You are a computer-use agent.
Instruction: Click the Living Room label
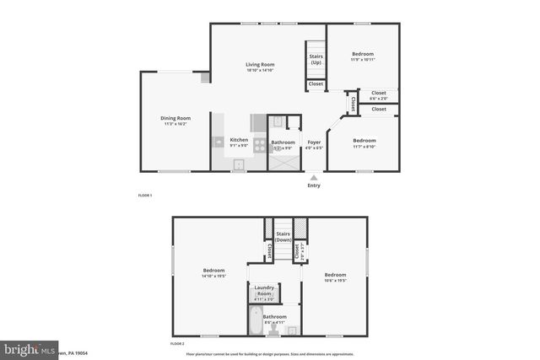coord(261,64)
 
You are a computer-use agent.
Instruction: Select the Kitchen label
coord(240,140)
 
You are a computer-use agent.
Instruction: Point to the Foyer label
coord(314,142)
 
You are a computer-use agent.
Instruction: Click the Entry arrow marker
coord(314,177)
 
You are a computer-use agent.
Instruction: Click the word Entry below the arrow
coord(314,185)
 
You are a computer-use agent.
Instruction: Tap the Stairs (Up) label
coord(316,60)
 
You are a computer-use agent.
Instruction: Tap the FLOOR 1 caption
coord(145,195)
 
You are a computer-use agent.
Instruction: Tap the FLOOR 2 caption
coord(177,345)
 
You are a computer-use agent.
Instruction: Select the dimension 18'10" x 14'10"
coord(261,70)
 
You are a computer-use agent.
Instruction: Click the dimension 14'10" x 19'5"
coord(213,276)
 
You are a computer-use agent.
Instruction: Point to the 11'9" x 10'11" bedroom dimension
coord(363,60)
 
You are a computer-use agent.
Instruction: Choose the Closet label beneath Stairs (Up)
coord(316,83)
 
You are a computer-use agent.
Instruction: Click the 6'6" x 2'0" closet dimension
coord(378,99)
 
